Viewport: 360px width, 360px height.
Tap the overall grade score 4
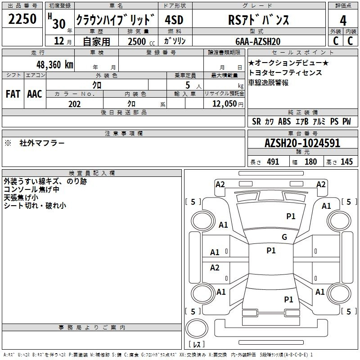[343, 20]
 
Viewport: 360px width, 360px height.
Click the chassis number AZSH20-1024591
[302, 144]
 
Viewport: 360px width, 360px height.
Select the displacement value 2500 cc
[137, 41]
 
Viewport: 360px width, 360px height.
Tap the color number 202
[74, 104]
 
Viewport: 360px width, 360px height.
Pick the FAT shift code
[13, 94]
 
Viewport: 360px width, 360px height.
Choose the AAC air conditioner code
[35, 94]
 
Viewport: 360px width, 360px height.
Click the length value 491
[273, 162]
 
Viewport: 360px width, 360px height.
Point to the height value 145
[346, 162]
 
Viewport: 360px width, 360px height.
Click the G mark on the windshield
[284, 237]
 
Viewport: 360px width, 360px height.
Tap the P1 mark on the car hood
[291, 216]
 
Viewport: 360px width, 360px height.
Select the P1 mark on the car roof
[271, 251]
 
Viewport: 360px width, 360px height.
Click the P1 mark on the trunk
[288, 299]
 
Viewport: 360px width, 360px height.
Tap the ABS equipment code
[284, 121]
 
